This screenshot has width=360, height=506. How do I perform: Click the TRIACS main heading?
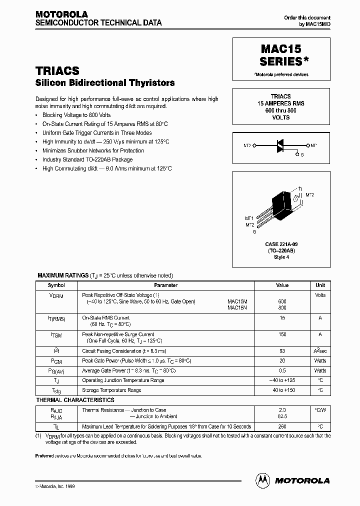57,71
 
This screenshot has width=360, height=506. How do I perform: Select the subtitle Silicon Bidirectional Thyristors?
105,83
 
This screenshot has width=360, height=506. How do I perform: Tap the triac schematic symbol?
281,145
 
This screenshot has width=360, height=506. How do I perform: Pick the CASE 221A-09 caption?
281,244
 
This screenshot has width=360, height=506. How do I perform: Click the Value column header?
282,285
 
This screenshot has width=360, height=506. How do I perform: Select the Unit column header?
320,285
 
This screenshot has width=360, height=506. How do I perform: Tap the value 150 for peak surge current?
282,334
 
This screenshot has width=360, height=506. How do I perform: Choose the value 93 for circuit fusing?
282,351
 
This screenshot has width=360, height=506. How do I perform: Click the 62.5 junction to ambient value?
282,415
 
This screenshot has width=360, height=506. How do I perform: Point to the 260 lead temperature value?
282,426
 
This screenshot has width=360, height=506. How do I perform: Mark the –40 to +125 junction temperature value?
282,380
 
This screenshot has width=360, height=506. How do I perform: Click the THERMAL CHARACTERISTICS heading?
75,400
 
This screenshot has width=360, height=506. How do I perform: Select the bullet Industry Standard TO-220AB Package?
87,159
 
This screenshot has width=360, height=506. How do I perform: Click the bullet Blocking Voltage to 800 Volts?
76,114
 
